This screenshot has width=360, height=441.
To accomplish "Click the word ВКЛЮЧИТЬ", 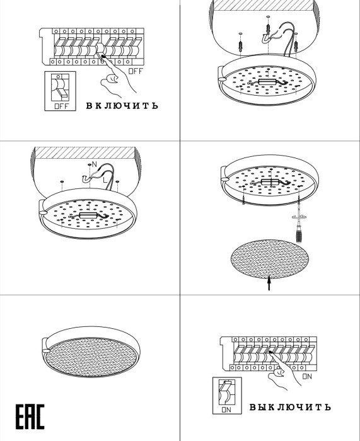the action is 122,105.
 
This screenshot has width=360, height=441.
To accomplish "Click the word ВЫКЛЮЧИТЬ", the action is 290,407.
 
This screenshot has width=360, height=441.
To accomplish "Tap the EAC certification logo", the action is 30,416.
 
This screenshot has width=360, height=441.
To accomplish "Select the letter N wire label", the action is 94,164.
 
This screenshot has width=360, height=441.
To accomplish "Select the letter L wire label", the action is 105,180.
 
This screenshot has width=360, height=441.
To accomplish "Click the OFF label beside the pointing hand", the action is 136,71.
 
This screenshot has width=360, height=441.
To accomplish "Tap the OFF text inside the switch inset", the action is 61,106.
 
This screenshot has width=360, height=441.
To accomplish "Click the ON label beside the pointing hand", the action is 307,376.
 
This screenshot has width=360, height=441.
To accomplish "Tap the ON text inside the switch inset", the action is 226,409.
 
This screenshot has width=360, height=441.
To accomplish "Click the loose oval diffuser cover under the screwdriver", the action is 270,259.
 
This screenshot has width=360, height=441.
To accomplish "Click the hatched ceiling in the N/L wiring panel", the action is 84,152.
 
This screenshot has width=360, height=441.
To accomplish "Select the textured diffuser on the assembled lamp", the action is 91,357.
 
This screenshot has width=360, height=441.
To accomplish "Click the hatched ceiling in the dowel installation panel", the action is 264,5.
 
